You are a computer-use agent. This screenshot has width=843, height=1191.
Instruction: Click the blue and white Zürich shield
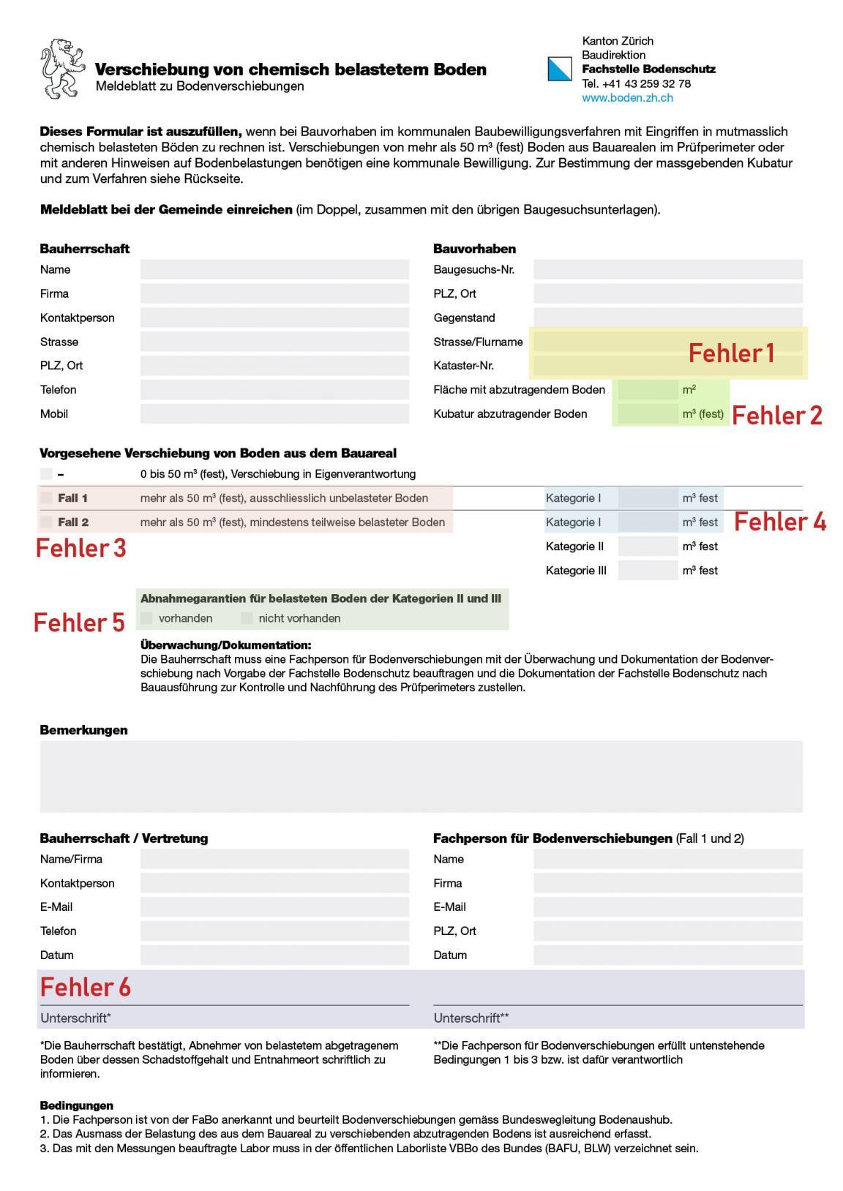(560, 69)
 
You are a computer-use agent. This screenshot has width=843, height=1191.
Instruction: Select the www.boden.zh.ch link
(627, 97)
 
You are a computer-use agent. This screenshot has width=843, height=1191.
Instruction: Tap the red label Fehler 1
(730, 353)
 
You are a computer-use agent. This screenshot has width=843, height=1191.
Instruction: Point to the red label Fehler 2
(776, 416)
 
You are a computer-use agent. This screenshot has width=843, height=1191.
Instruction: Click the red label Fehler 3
(81, 548)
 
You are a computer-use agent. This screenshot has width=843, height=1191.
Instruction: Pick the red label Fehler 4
(779, 522)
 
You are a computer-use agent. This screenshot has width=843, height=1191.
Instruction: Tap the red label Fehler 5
(79, 623)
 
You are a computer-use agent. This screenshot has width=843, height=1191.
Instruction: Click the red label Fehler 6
(85, 988)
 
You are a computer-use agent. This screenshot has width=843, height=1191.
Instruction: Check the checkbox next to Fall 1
(46, 498)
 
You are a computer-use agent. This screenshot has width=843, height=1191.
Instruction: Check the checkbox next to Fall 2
(46, 522)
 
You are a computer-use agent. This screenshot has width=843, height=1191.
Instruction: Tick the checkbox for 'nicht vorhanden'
(247, 618)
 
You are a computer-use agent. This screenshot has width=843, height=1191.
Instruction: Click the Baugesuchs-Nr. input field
(667, 269)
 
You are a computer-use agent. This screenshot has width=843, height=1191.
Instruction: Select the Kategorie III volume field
(648, 571)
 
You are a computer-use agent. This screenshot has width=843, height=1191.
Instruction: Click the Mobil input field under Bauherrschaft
(274, 414)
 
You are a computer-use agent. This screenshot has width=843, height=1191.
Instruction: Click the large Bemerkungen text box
(421, 776)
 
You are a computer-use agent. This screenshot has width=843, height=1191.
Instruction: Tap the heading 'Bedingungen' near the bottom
(76, 1105)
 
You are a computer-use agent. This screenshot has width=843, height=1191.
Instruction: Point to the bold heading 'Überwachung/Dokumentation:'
(225, 645)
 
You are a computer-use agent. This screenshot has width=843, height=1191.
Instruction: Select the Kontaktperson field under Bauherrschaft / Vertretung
(274, 883)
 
